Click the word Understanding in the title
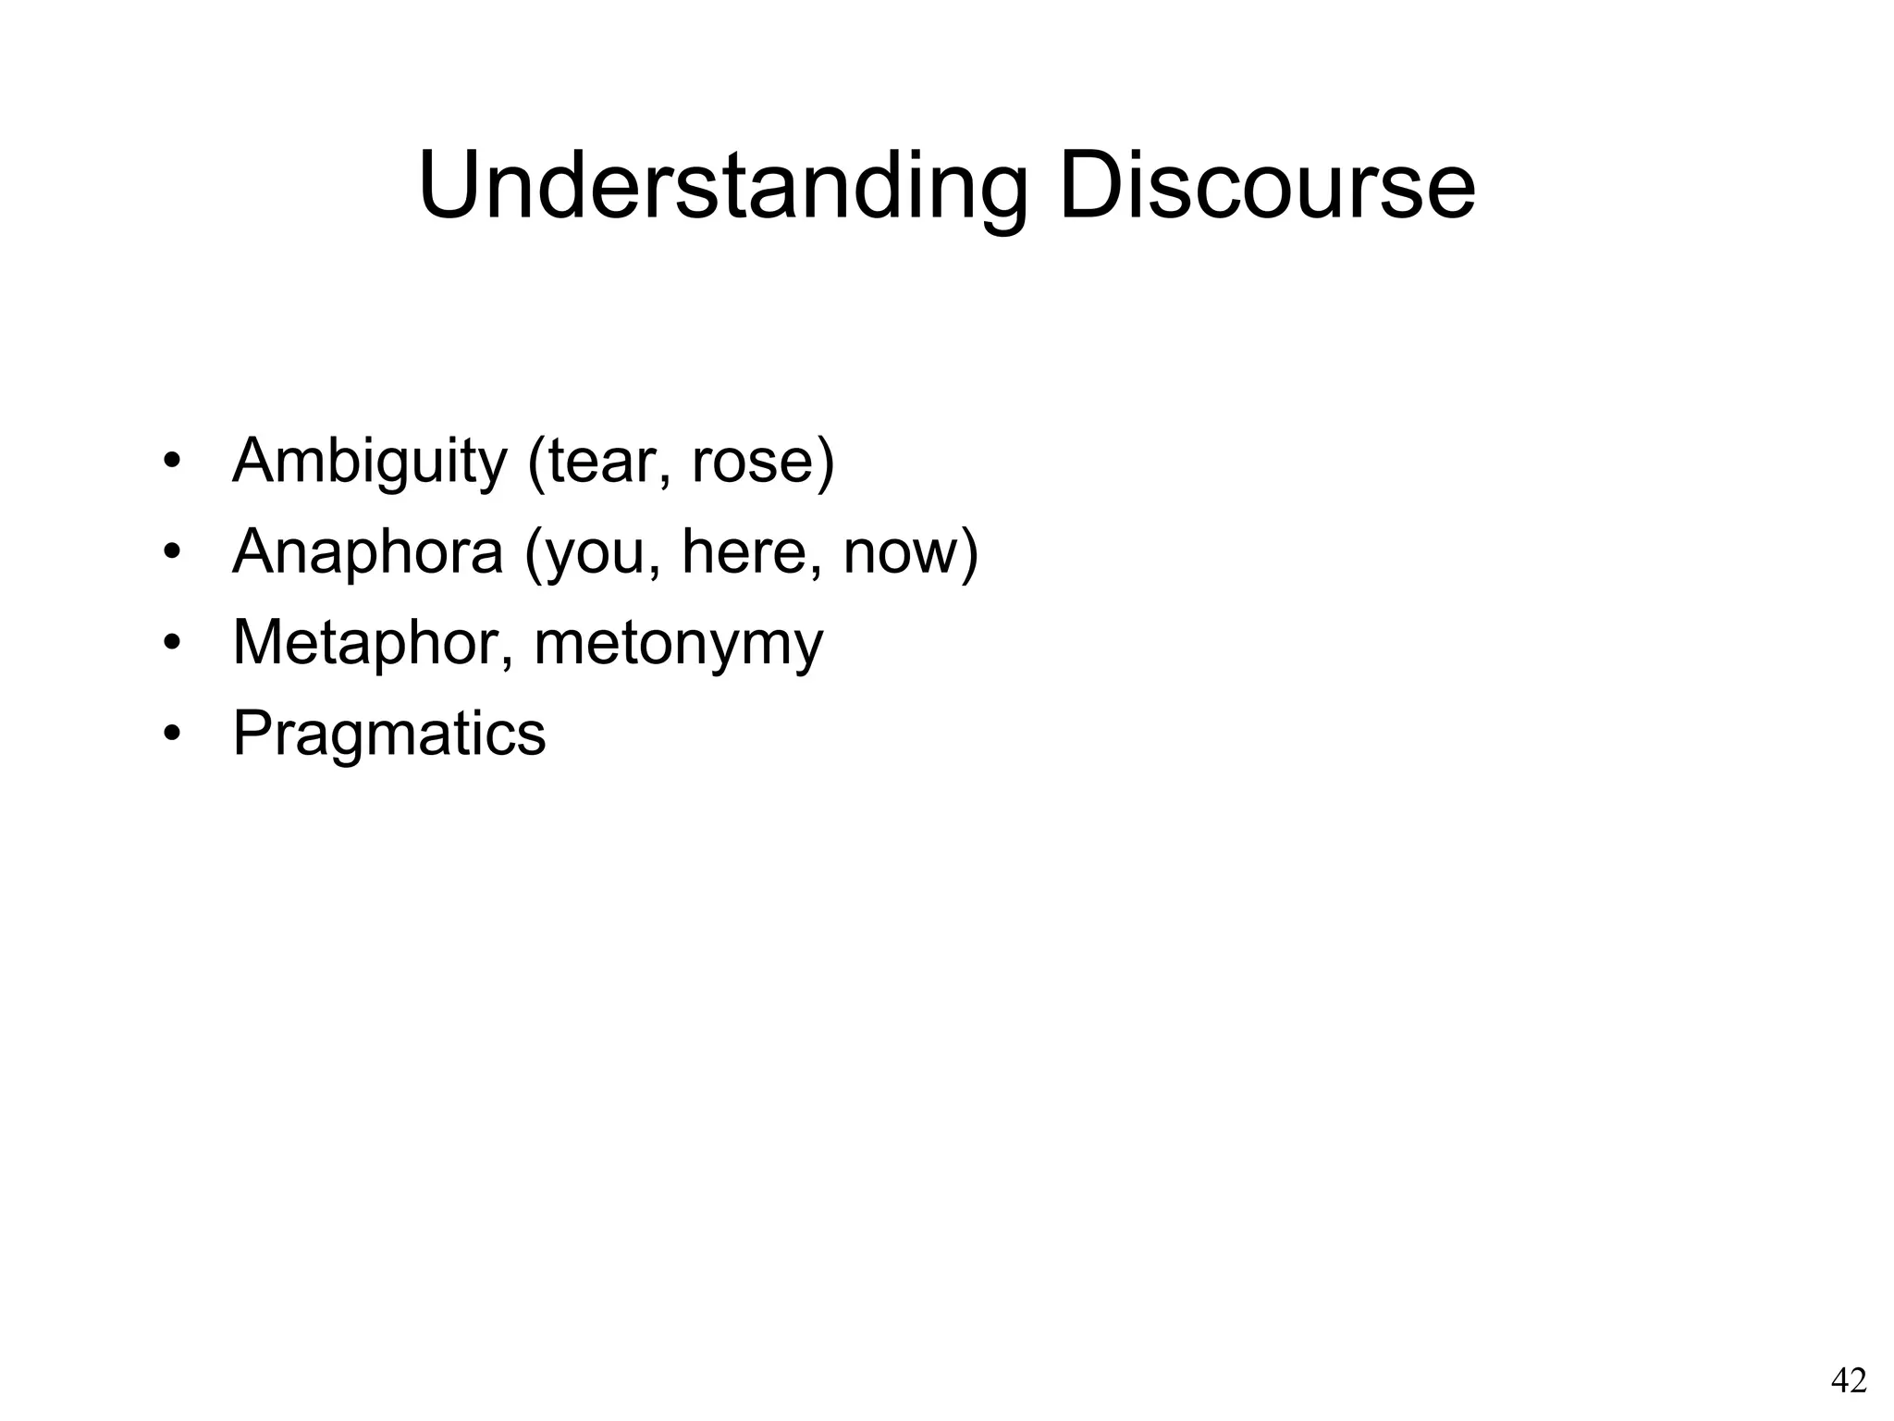(722, 187)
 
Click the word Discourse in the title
(1266, 187)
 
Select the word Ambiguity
(369, 461)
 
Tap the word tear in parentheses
(602, 461)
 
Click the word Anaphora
(367, 551)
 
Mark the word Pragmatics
(388, 734)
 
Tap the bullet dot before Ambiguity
(170, 462)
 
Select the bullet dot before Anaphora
(170, 552)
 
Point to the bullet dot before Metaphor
(170, 643)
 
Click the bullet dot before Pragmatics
(170, 734)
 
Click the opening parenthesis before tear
(535, 461)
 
